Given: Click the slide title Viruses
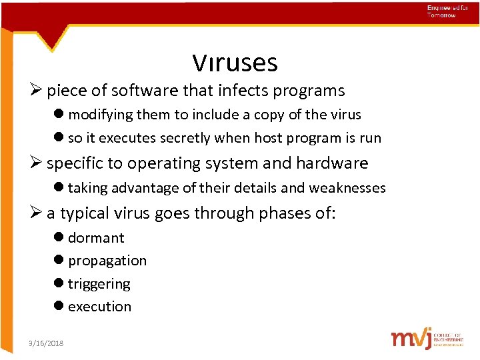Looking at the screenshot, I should click(x=235, y=63).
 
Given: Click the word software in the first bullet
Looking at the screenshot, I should click(x=141, y=91).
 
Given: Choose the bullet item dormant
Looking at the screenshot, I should click(x=96, y=238).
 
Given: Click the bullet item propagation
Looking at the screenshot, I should click(x=107, y=261).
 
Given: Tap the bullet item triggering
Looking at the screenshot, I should click(x=99, y=284).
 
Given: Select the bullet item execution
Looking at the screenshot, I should click(x=100, y=307).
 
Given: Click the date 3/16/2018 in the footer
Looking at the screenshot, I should click(x=47, y=343).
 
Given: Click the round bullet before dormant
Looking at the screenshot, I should click(x=60, y=238).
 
